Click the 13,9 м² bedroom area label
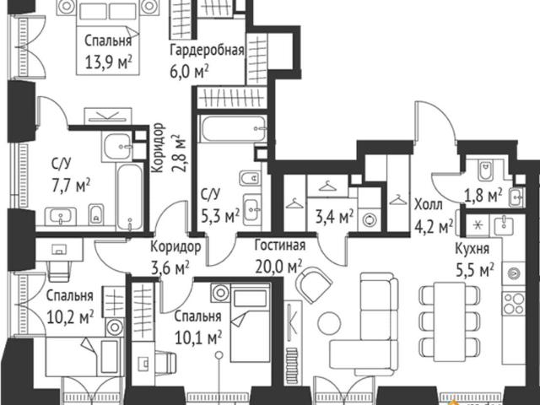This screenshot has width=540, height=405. pos(109,62)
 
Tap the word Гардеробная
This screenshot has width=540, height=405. pos(207,51)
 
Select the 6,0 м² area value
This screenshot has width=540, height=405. pos(189,71)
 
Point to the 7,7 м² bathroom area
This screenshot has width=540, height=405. pos(71,186)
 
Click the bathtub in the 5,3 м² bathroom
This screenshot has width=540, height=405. pos(233,129)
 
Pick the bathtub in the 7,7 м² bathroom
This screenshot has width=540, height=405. pos(130,197)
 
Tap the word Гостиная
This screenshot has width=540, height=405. pos(280,246)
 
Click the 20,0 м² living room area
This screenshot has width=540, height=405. pos(278,266)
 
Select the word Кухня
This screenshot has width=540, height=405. pos(472,249)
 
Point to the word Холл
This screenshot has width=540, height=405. pos(429,204)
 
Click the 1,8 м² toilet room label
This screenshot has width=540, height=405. pos(483,195)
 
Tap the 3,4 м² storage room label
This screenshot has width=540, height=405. pos(334,217)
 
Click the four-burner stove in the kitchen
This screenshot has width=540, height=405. pos(514,303)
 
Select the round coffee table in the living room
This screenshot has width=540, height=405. pos(329,323)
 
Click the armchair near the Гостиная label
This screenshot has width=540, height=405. pos(314,284)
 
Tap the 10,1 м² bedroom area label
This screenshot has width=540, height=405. pos(198,337)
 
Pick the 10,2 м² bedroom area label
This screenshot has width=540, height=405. pos(70,317)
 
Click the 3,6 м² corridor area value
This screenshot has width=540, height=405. pos(170,267)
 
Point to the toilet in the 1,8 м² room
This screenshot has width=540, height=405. pos(485,170)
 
